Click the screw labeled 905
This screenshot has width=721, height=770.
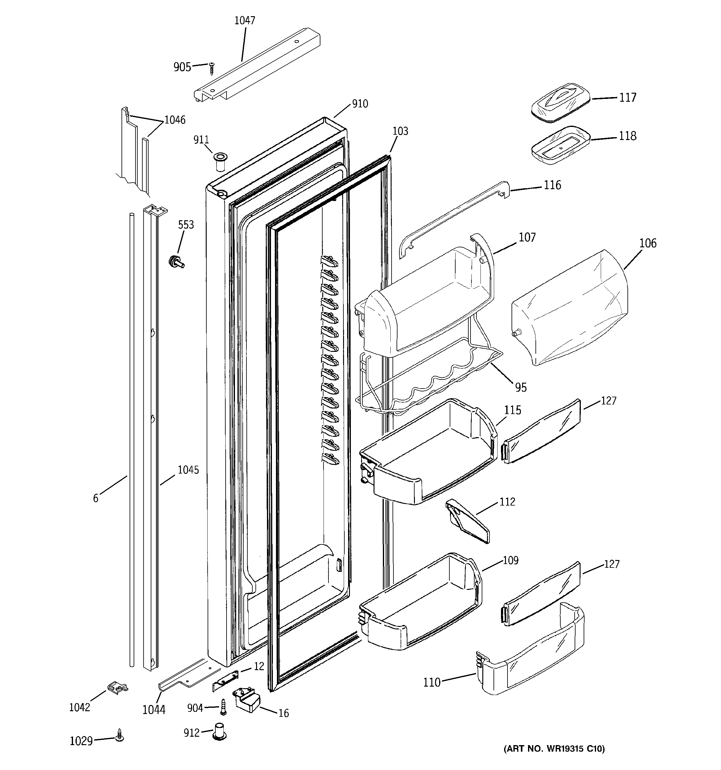click(211, 68)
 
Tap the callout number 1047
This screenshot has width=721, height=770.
click(245, 21)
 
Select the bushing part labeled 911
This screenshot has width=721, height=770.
click(221, 162)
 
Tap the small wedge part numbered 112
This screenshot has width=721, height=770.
click(467, 520)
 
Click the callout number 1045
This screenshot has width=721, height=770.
click(188, 470)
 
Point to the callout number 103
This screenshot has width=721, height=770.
click(400, 131)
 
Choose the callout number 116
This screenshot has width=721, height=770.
click(552, 185)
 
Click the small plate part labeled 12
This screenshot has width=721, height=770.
click(225, 680)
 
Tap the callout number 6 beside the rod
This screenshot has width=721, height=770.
click(96, 498)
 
